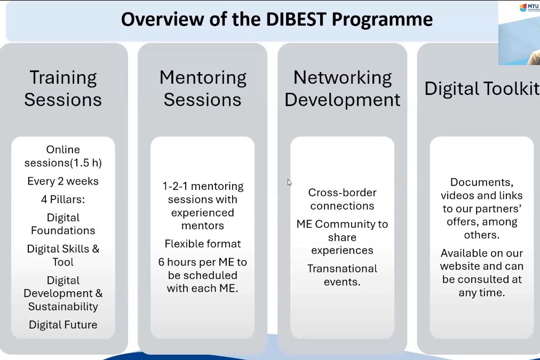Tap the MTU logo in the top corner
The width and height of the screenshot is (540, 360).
(x=528, y=7)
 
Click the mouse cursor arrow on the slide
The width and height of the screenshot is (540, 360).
(x=289, y=182)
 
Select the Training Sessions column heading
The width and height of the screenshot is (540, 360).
(x=63, y=89)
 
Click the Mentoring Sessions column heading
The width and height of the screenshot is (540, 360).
(x=203, y=89)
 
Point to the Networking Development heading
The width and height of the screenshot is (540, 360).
(x=342, y=89)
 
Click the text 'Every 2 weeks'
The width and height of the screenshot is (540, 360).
(x=63, y=181)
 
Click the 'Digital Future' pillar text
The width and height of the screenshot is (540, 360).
(x=63, y=325)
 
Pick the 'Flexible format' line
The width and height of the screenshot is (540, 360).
(x=203, y=244)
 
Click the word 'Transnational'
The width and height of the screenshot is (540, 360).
(x=342, y=268)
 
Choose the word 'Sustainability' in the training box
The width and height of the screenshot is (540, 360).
(x=63, y=307)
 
